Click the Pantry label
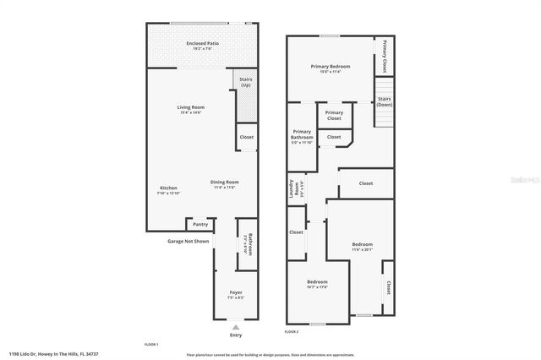pos(200,224)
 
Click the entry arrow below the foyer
pos(236,326)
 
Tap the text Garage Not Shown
pos(188,241)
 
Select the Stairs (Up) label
pos(245,82)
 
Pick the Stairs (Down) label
pos(384,101)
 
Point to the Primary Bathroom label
pos(302,135)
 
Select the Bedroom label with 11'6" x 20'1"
pos(362,246)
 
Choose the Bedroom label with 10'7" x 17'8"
pos(317,283)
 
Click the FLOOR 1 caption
pos(152,345)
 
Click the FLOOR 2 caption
pos(292,332)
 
